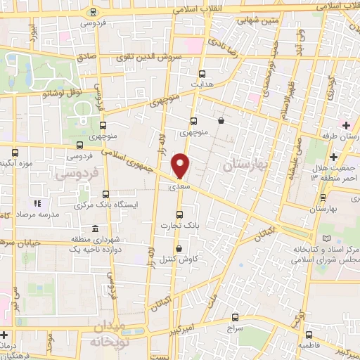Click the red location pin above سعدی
(x=181, y=165)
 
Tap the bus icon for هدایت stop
(x=202, y=73)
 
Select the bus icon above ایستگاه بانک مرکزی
(x=105, y=194)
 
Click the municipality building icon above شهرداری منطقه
(x=94, y=229)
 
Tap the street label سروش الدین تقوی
(x=159, y=55)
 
